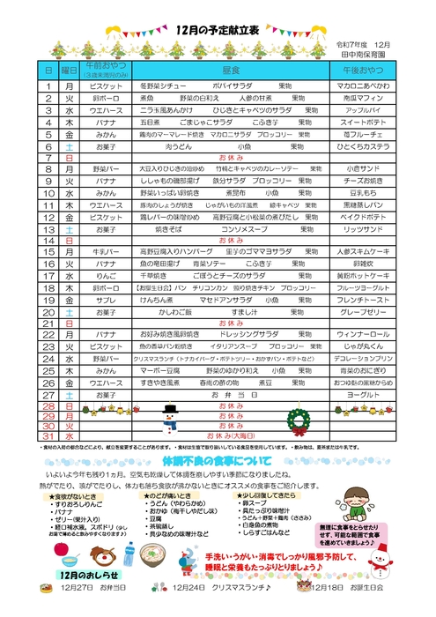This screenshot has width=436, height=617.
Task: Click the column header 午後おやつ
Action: point(363,68)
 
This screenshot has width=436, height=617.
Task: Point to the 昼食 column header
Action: point(232,68)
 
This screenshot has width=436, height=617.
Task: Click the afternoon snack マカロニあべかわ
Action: point(363,86)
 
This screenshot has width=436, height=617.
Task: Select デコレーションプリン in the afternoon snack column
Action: point(363,359)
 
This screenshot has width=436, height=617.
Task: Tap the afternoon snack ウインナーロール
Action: point(363,335)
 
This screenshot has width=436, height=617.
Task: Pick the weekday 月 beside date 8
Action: point(69,167)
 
